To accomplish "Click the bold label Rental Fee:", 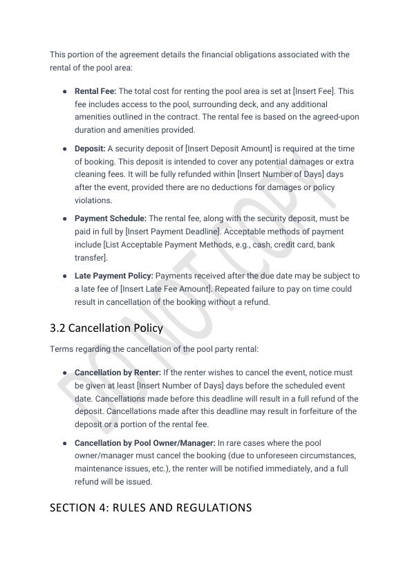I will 95,91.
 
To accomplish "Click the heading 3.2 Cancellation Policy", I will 106,328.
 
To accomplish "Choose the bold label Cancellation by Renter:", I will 118,373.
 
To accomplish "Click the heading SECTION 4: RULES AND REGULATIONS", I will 151,508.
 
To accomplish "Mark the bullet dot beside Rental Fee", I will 64,91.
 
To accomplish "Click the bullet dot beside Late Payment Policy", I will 64,276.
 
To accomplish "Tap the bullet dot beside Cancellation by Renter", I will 64,373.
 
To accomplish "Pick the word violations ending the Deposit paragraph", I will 93,200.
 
